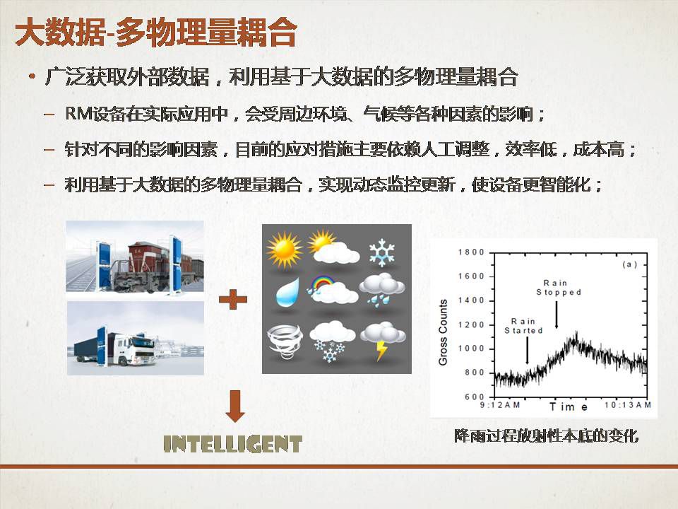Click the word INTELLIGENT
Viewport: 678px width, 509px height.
(232, 444)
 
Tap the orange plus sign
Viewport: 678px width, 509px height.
(232, 300)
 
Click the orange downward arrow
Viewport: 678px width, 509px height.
(235, 406)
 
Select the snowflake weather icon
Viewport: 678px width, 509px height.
(382, 252)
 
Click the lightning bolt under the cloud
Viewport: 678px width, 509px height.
(381, 351)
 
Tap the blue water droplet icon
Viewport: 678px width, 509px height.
(287, 293)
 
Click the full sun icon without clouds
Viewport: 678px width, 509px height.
(285, 250)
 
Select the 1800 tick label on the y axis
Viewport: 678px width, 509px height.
(471, 252)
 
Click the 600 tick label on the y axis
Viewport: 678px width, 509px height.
(475, 397)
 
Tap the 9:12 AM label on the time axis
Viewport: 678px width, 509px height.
(500, 404)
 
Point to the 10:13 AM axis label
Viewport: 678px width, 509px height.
(627, 404)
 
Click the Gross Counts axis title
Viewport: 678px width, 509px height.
(443, 332)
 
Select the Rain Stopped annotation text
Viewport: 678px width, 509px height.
(558, 288)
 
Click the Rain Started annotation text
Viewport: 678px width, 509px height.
(523, 326)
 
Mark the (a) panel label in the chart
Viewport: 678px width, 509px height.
(629, 264)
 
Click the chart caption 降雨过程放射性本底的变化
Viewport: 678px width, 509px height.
(546, 436)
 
